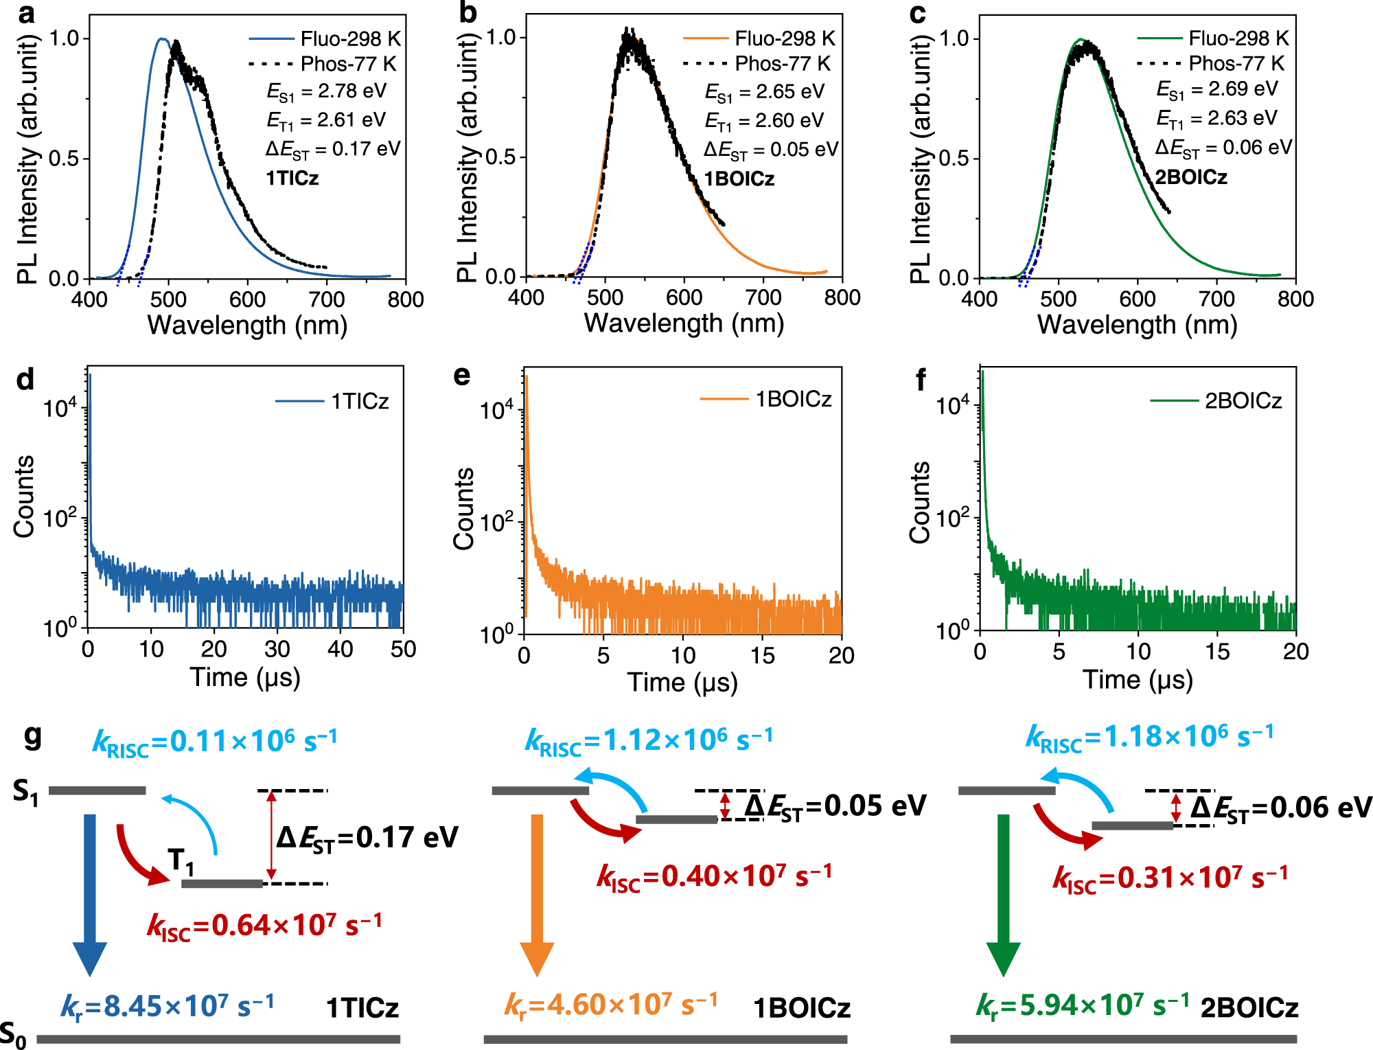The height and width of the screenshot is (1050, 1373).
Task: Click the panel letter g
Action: pyautogui.click(x=32, y=737)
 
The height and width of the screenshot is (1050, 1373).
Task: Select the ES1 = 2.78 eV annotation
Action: pyautogui.click(x=327, y=91)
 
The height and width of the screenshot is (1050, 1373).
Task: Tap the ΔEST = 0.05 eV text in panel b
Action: pyautogui.click(x=771, y=150)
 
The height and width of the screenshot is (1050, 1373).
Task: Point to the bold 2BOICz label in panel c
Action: pyautogui.click(x=1190, y=177)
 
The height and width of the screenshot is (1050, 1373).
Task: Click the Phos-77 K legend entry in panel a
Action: pyautogui.click(x=323, y=64)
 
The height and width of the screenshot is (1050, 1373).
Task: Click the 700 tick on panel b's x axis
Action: pyautogui.click(x=763, y=297)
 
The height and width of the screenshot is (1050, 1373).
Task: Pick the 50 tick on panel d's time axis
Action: pyautogui.click(x=403, y=649)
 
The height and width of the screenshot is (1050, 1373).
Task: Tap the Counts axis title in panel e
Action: pyautogui.click(x=464, y=508)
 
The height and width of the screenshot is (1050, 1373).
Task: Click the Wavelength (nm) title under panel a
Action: pyautogui.click(x=247, y=325)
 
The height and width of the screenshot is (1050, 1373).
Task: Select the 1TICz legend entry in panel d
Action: pyautogui.click(x=332, y=401)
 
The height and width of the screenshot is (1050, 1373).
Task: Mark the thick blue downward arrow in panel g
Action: pyautogui.click(x=90, y=893)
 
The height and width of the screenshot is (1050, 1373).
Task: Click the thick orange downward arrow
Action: pyautogui.click(x=537, y=893)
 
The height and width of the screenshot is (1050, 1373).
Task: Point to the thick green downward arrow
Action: pyautogui.click(x=1003, y=893)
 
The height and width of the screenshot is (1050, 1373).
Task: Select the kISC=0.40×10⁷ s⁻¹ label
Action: pyautogui.click(x=714, y=877)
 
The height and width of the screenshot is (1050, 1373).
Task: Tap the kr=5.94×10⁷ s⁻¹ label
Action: pyautogui.click(x=1083, y=1005)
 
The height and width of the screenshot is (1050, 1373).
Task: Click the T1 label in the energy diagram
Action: pyautogui.click(x=181, y=860)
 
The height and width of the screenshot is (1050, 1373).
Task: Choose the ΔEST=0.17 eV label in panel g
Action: pyautogui.click(x=367, y=838)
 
